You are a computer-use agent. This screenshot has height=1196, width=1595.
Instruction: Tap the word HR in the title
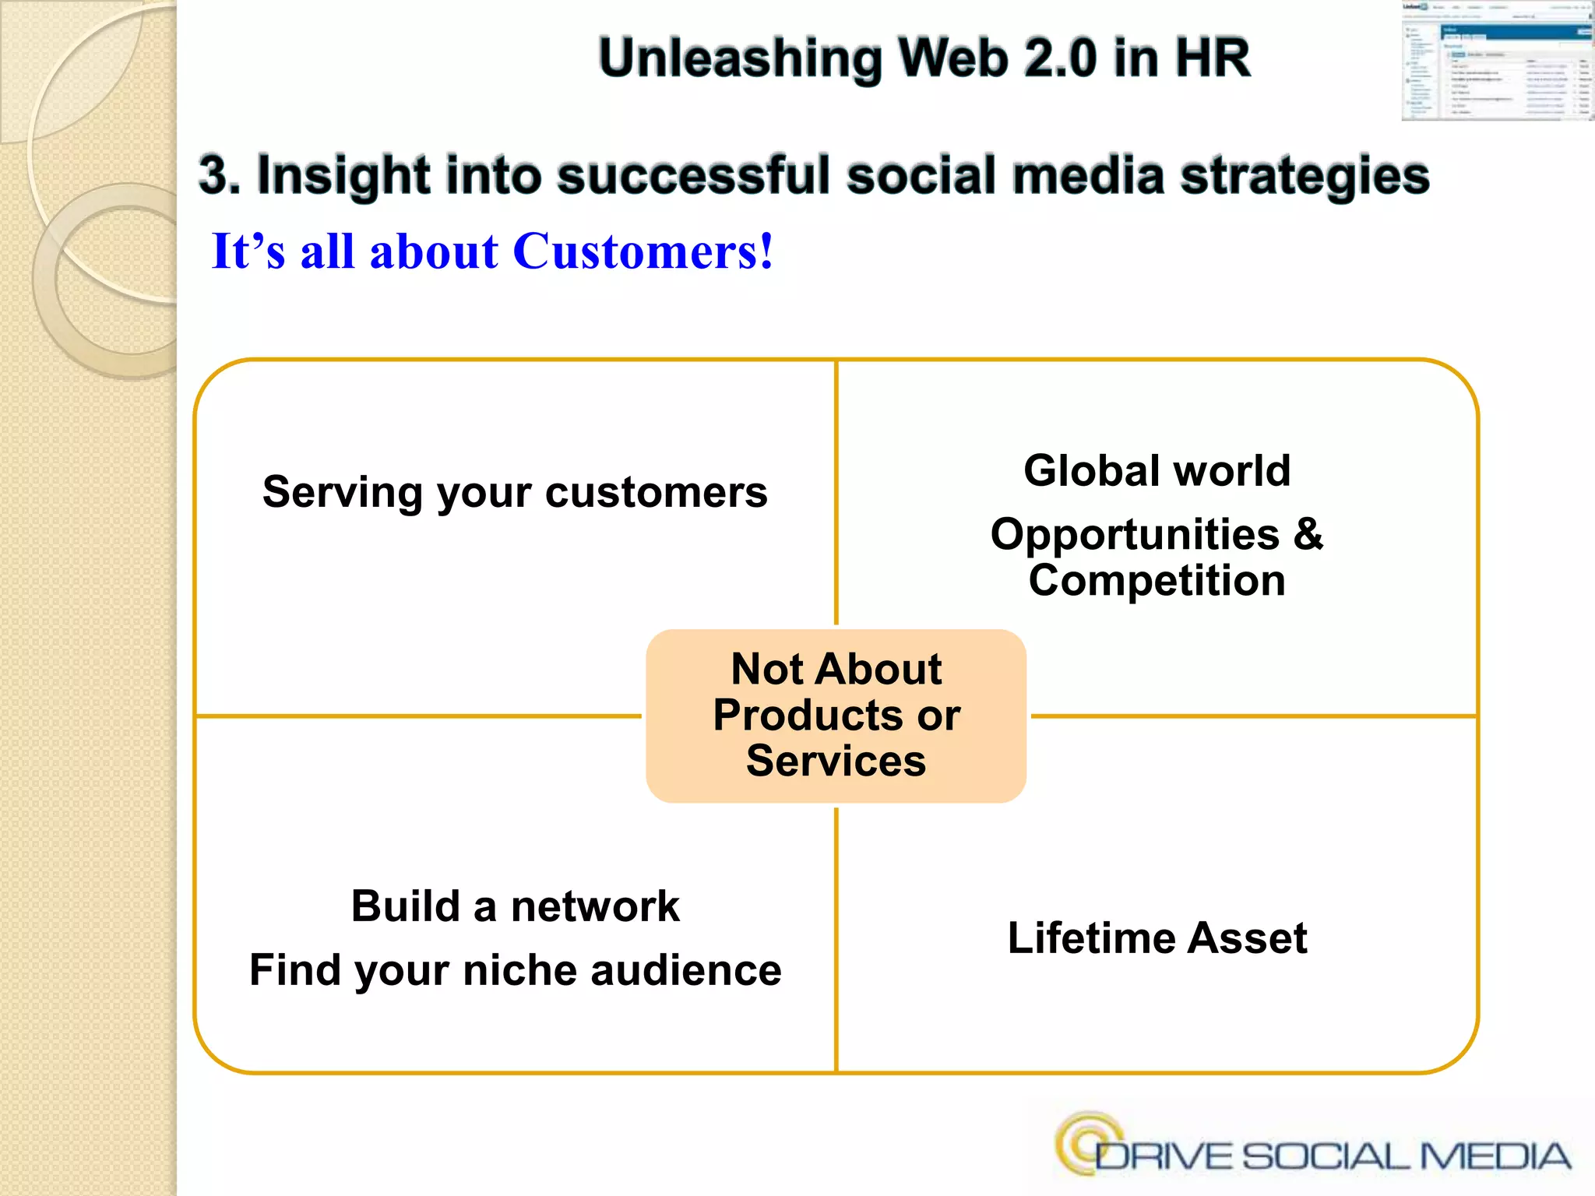coord(1212,59)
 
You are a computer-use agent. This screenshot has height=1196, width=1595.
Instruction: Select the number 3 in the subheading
coord(213,174)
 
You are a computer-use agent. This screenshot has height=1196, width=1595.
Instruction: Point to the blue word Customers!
coord(643,252)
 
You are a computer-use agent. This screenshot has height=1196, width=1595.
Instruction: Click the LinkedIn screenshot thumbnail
coord(1497,61)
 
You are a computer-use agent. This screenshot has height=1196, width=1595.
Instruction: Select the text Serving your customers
coord(515,492)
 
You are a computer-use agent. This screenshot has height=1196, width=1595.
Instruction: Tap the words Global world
coord(1157,470)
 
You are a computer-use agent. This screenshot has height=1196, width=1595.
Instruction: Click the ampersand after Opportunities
coord(1308,534)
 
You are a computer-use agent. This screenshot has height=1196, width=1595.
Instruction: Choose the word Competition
coord(1157,581)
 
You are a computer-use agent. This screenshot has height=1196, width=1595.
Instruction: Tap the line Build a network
coord(515,906)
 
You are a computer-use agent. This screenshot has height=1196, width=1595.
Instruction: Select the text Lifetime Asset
coord(1157,937)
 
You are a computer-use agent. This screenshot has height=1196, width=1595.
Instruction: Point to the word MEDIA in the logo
coord(1495,1156)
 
